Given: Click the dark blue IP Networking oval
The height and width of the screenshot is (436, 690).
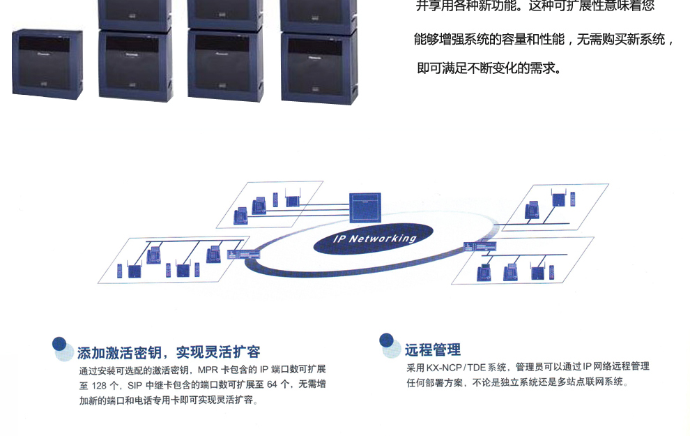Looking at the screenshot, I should tap(375, 239).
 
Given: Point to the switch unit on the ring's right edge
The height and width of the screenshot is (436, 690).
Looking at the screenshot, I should tap(482, 247).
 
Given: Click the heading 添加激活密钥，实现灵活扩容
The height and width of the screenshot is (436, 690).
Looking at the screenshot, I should tap(169, 352).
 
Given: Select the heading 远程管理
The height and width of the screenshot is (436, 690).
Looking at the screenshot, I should tap(432, 350).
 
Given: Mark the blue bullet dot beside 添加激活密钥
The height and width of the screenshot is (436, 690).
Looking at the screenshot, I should tap(60, 345).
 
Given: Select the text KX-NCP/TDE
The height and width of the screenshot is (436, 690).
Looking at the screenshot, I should tap(457, 367).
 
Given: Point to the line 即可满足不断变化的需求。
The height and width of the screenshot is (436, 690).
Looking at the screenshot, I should tap(489, 69).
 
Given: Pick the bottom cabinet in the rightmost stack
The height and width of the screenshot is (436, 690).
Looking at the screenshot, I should tap(319, 67).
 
